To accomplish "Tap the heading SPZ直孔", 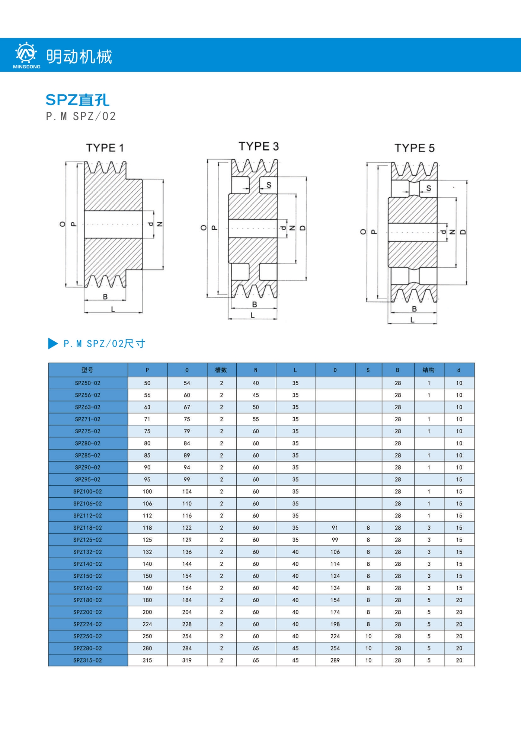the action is coord(77,100).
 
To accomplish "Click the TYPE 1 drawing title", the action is coord(105,148).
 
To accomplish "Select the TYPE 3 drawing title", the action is coord(259,146).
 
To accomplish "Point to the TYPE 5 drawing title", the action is coord(415,148).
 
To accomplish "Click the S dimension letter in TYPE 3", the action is coord(269,185).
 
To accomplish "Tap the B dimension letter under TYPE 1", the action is coord(105,297).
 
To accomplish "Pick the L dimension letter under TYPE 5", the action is coord(412,320).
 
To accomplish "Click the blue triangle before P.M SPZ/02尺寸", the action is coord(53,343).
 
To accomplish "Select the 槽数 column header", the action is coord(221,370).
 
